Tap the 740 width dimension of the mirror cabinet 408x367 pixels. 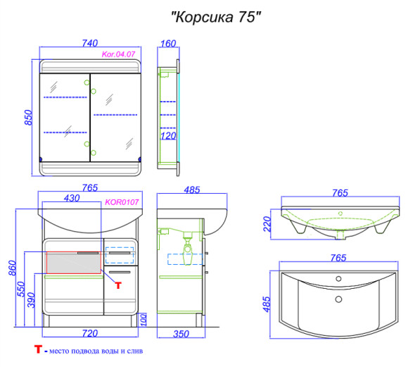point(89,42)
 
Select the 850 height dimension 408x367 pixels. point(29,116)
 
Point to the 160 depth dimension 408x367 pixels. point(168,42)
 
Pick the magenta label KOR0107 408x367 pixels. point(122,202)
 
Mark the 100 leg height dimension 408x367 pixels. point(144,319)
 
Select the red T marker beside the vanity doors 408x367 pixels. point(117,285)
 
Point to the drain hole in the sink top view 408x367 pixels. point(340,299)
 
